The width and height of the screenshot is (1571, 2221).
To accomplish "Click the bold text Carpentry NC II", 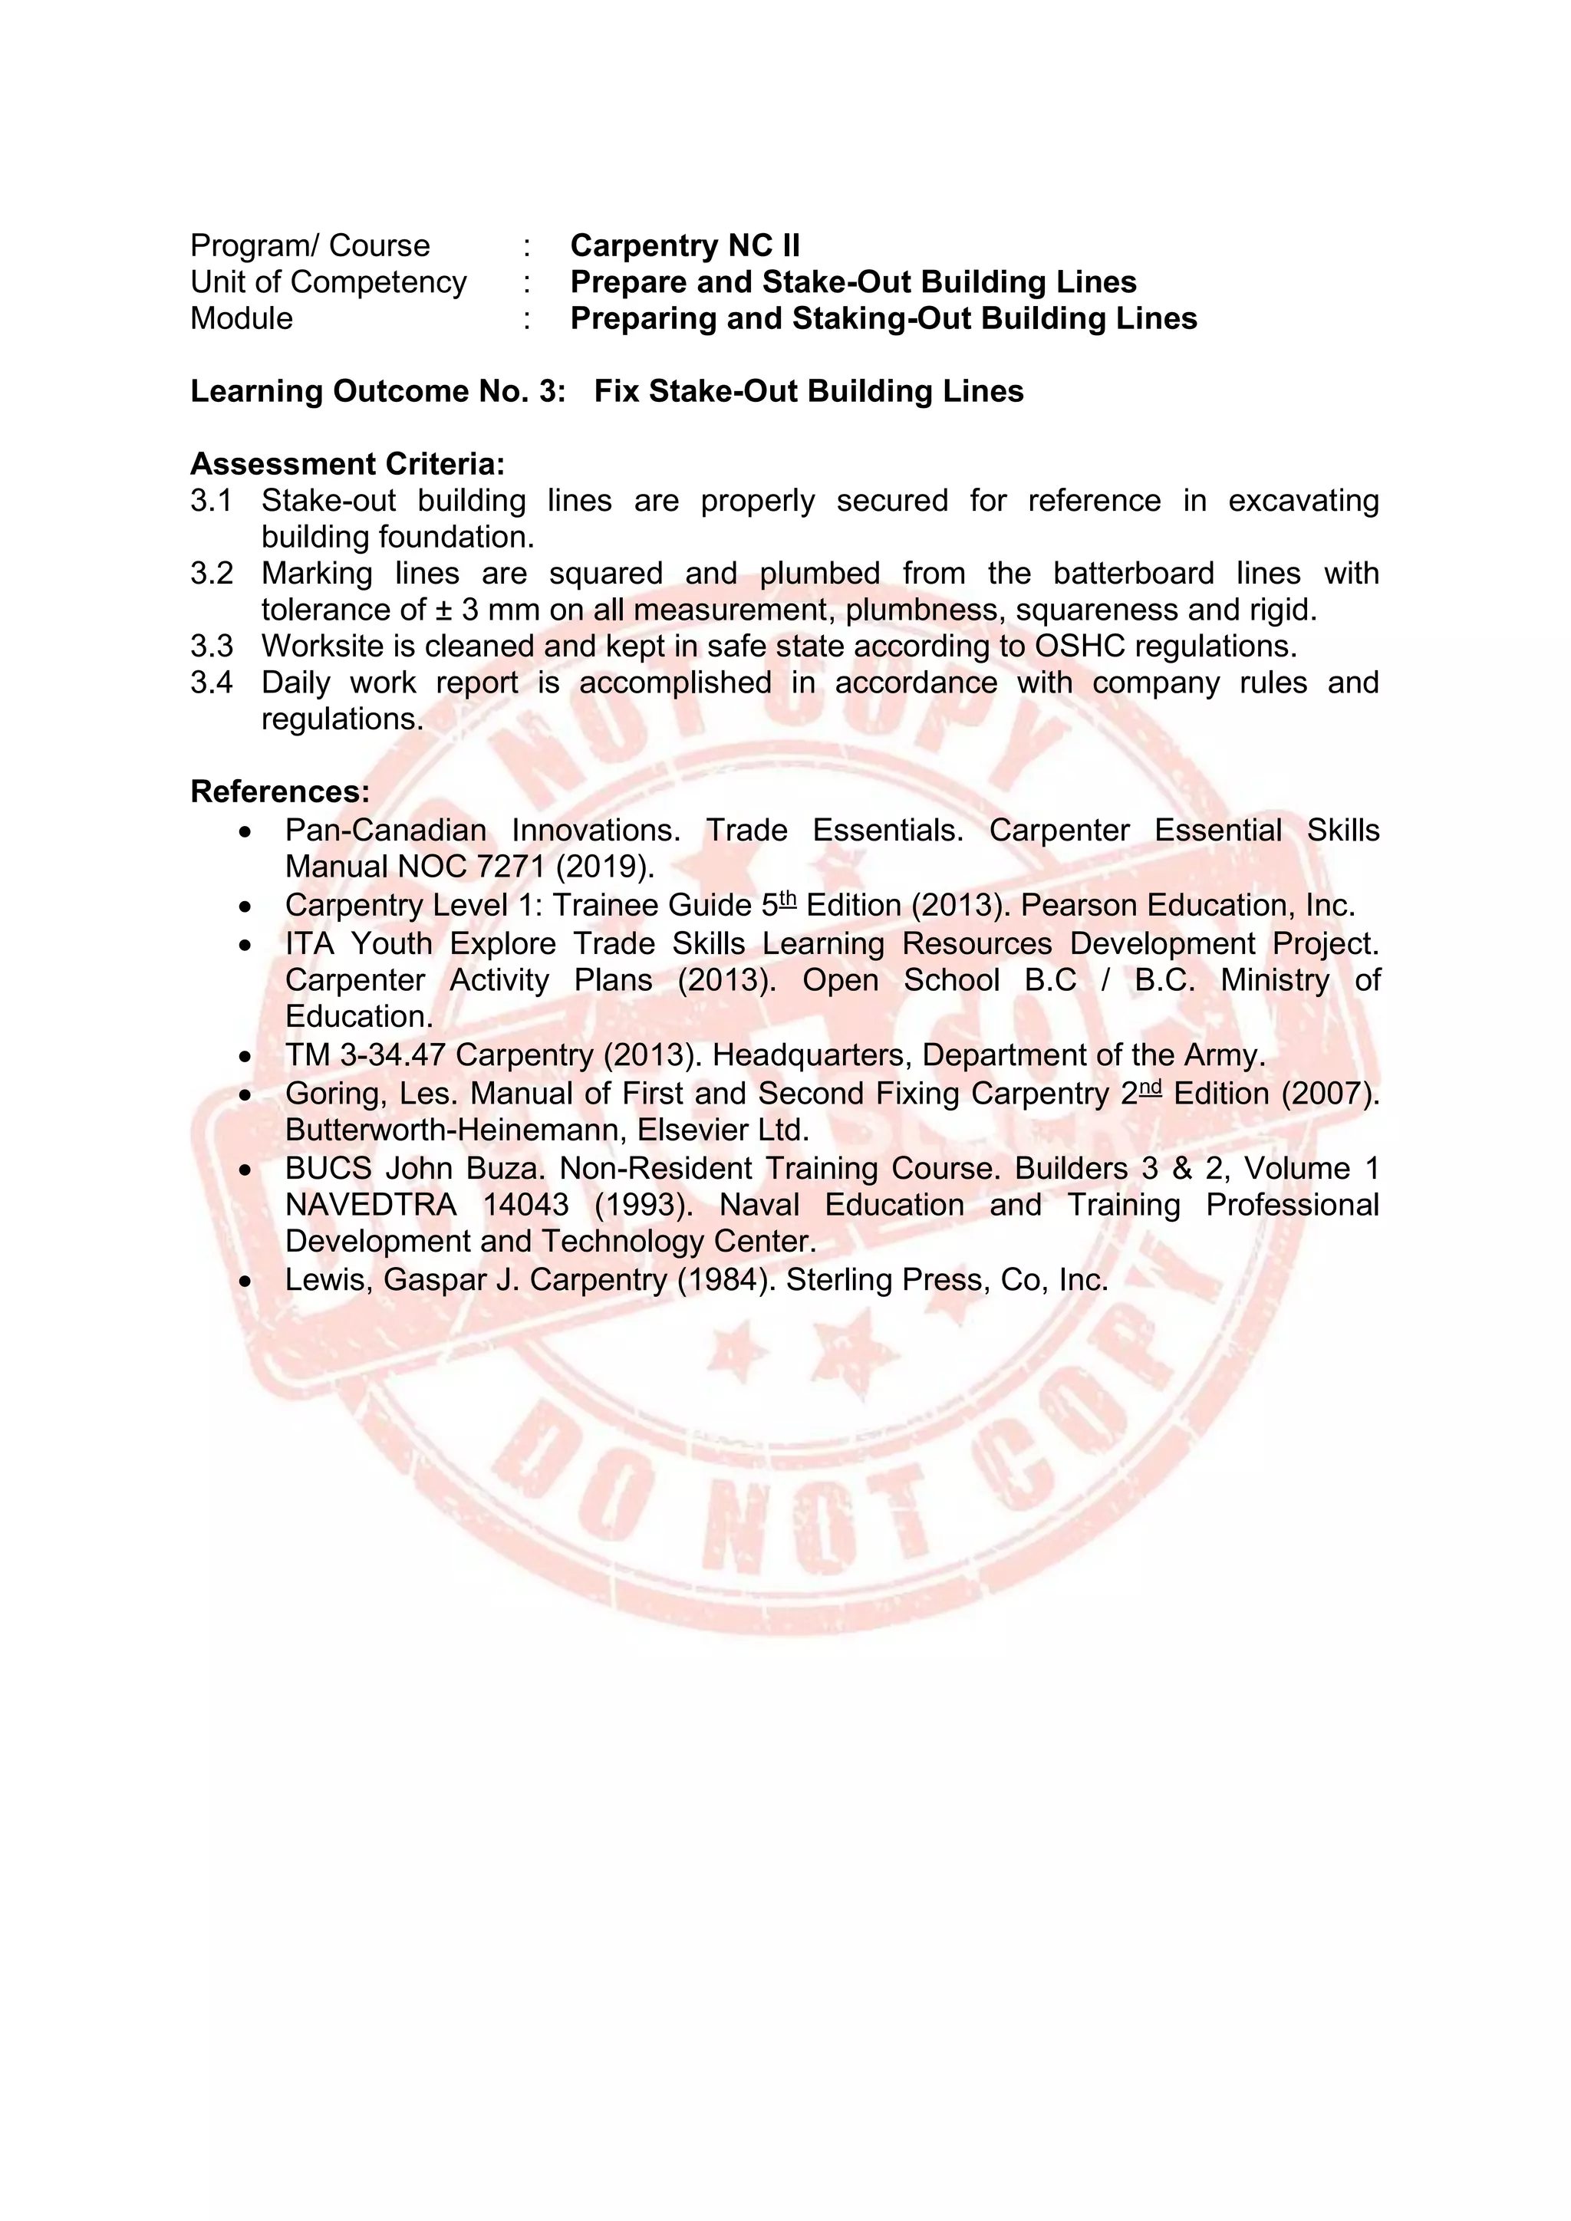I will (x=685, y=245).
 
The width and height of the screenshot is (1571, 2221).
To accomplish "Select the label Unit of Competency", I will (x=328, y=282).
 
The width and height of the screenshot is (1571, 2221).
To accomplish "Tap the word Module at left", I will (x=241, y=318).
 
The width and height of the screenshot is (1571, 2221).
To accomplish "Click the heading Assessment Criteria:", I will (x=347, y=464).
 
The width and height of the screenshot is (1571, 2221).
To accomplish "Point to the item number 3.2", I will (x=211, y=574).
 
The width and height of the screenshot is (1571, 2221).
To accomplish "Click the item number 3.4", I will (x=211, y=683).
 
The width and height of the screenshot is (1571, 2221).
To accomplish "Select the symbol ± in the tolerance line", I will (x=443, y=610).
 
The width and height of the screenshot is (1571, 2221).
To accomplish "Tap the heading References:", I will (x=279, y=792).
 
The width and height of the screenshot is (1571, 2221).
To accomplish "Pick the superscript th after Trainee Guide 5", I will (x=788, y=900).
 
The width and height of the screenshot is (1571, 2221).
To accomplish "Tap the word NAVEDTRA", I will (x=371, y=1206).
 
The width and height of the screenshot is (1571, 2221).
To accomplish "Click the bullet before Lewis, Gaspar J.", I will (x=247, y=1282).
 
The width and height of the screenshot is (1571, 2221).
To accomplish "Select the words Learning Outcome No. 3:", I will (x=377, y=392).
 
